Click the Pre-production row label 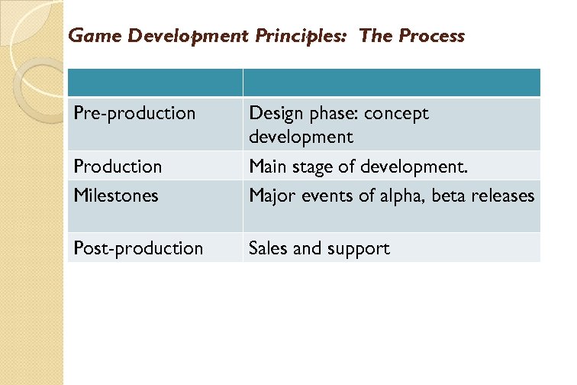pyautogui.click(x=134, y=114)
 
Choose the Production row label pyautogui.click(x=118, y=167)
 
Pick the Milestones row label pyautogui.click(x=116, y=196)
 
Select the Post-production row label pyautogui.click(x=138, y=248)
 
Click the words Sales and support pyautogui.click(x=319, y=248)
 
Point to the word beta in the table pyautogui.click(x=449, y=196)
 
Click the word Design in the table pyautogui.click(x=273, y=114)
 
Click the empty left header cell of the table pyautogui.click(x=155, y=82)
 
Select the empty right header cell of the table pyautogui.click(x=392, y=82)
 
